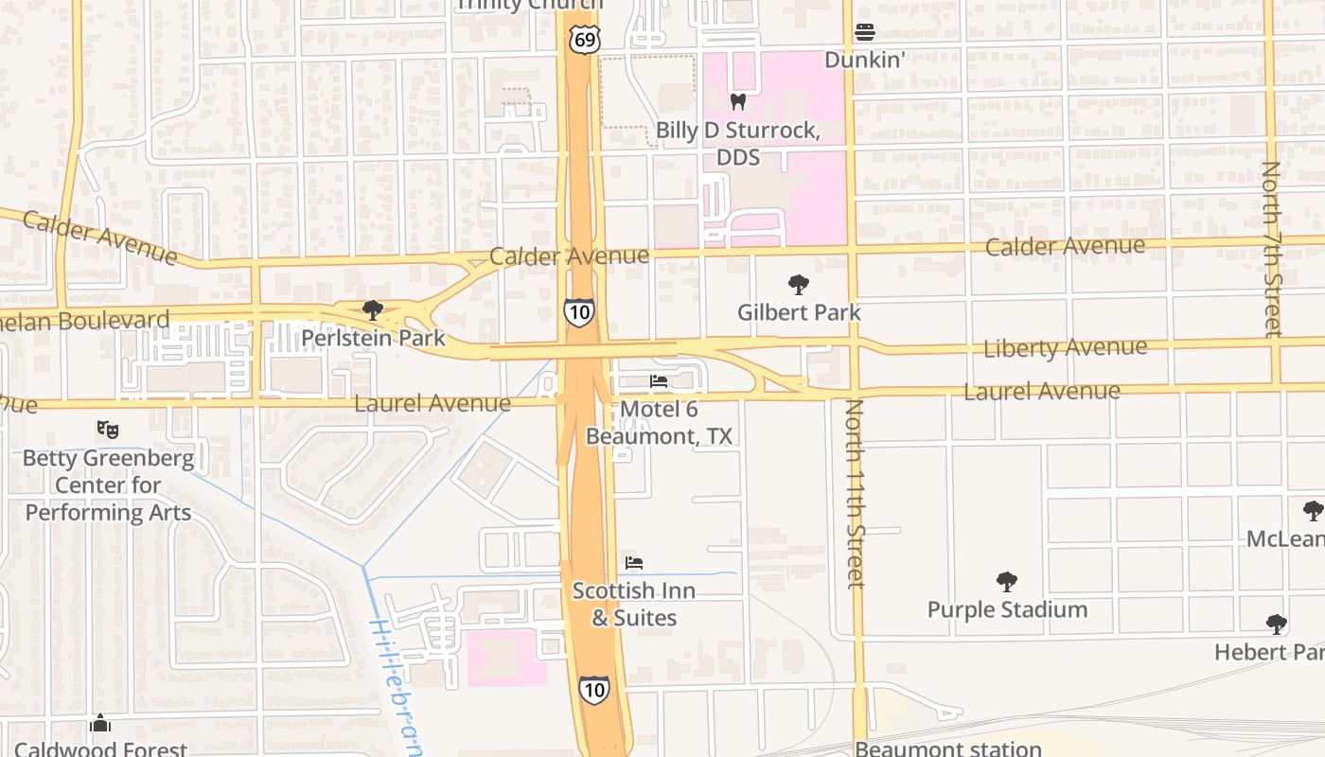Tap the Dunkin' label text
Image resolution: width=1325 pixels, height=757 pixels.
click(x=865, y=60)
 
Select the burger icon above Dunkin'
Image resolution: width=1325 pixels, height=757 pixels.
click(x=864, y=32)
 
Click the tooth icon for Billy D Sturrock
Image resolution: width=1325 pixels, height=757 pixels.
click(x=738, y=102)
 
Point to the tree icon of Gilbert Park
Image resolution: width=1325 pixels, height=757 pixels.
click(x=799, y=284)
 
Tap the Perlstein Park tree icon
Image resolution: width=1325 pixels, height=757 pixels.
click(x=373, y=309)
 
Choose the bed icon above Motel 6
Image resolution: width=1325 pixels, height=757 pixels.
click(x=659, y=381)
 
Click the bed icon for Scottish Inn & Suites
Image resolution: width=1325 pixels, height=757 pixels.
click(x=634, y=563)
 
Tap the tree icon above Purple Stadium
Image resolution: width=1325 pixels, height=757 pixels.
click(x=1007, y=581)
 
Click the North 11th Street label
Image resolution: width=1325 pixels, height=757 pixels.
click(x=855, y=492)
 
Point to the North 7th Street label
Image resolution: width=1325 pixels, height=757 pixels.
click(x=1272, y=248)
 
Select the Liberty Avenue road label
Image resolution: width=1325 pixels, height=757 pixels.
click(x=1065, y=348)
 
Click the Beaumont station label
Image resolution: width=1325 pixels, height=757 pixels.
click(x=948, y=748)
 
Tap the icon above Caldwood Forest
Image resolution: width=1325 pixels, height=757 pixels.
click(x=100, y=724)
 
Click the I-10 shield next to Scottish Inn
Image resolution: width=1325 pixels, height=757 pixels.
click(x=593, y=689)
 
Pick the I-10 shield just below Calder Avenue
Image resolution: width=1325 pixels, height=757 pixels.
click(x=578, y=312)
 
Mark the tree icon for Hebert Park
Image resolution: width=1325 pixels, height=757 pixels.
click(x=1277, y=625)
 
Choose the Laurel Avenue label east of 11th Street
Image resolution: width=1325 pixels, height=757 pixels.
click(x=1041, y=391)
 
